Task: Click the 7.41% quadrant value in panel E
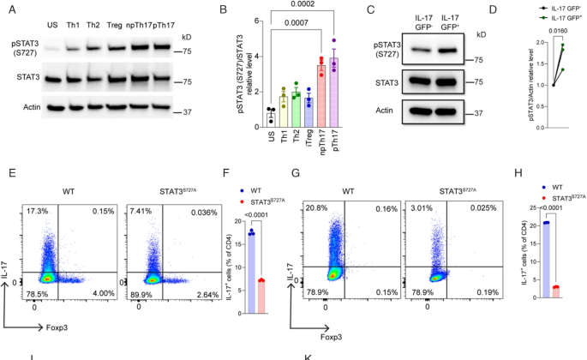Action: pyautogui.click(x=140, y=186)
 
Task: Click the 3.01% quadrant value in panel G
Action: pyautogui.click(x=418, y=186)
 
